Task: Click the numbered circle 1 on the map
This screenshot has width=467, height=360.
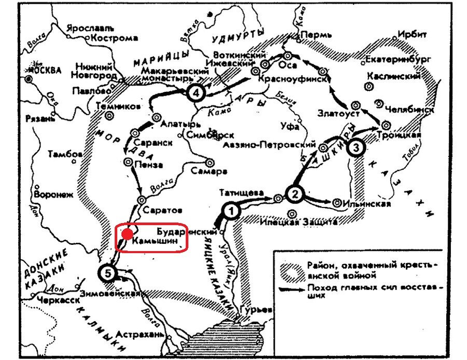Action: [232, 211]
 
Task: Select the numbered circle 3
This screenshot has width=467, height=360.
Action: [355, 147]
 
